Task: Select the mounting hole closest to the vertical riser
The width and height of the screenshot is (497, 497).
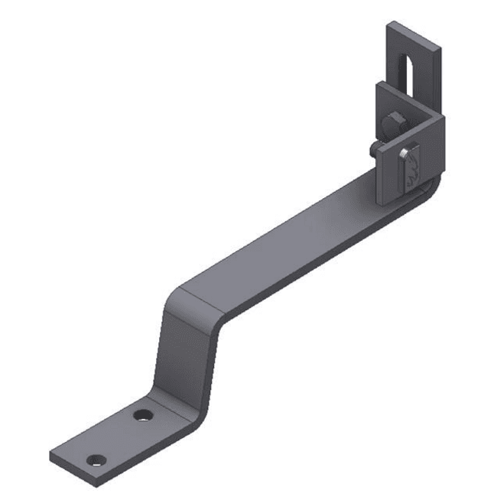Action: [141, 415]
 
